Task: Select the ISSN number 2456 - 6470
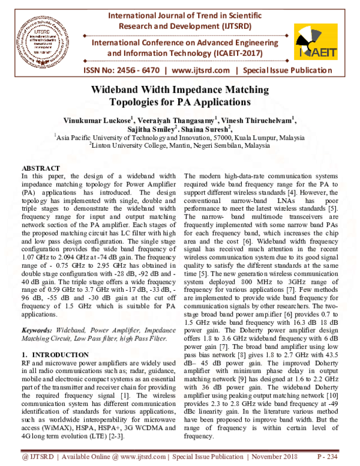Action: [139, 70]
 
